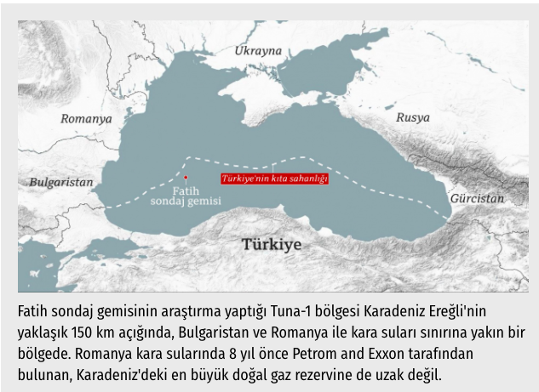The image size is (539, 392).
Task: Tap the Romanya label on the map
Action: [x=86, y=119]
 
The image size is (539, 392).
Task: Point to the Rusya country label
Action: [x=413, y=117]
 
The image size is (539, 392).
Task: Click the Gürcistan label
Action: [x=477, y=197]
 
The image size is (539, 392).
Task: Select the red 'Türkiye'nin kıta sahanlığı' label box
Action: [x=274, y=179]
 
